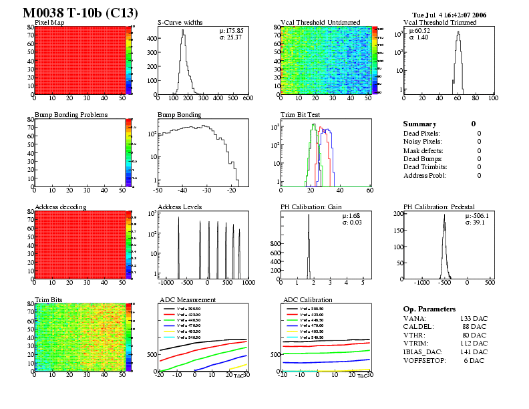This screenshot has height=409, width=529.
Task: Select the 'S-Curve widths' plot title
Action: [x=180, y=23]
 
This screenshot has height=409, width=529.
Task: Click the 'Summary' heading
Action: [x=419, y=124]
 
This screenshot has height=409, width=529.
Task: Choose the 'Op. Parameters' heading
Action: [x=429, y=309]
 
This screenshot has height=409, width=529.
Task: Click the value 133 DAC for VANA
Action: [x=474, y=319]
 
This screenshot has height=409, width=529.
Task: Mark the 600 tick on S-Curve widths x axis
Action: [x=248, y=98]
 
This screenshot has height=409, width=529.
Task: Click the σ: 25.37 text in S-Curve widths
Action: [x=231, y=37]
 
